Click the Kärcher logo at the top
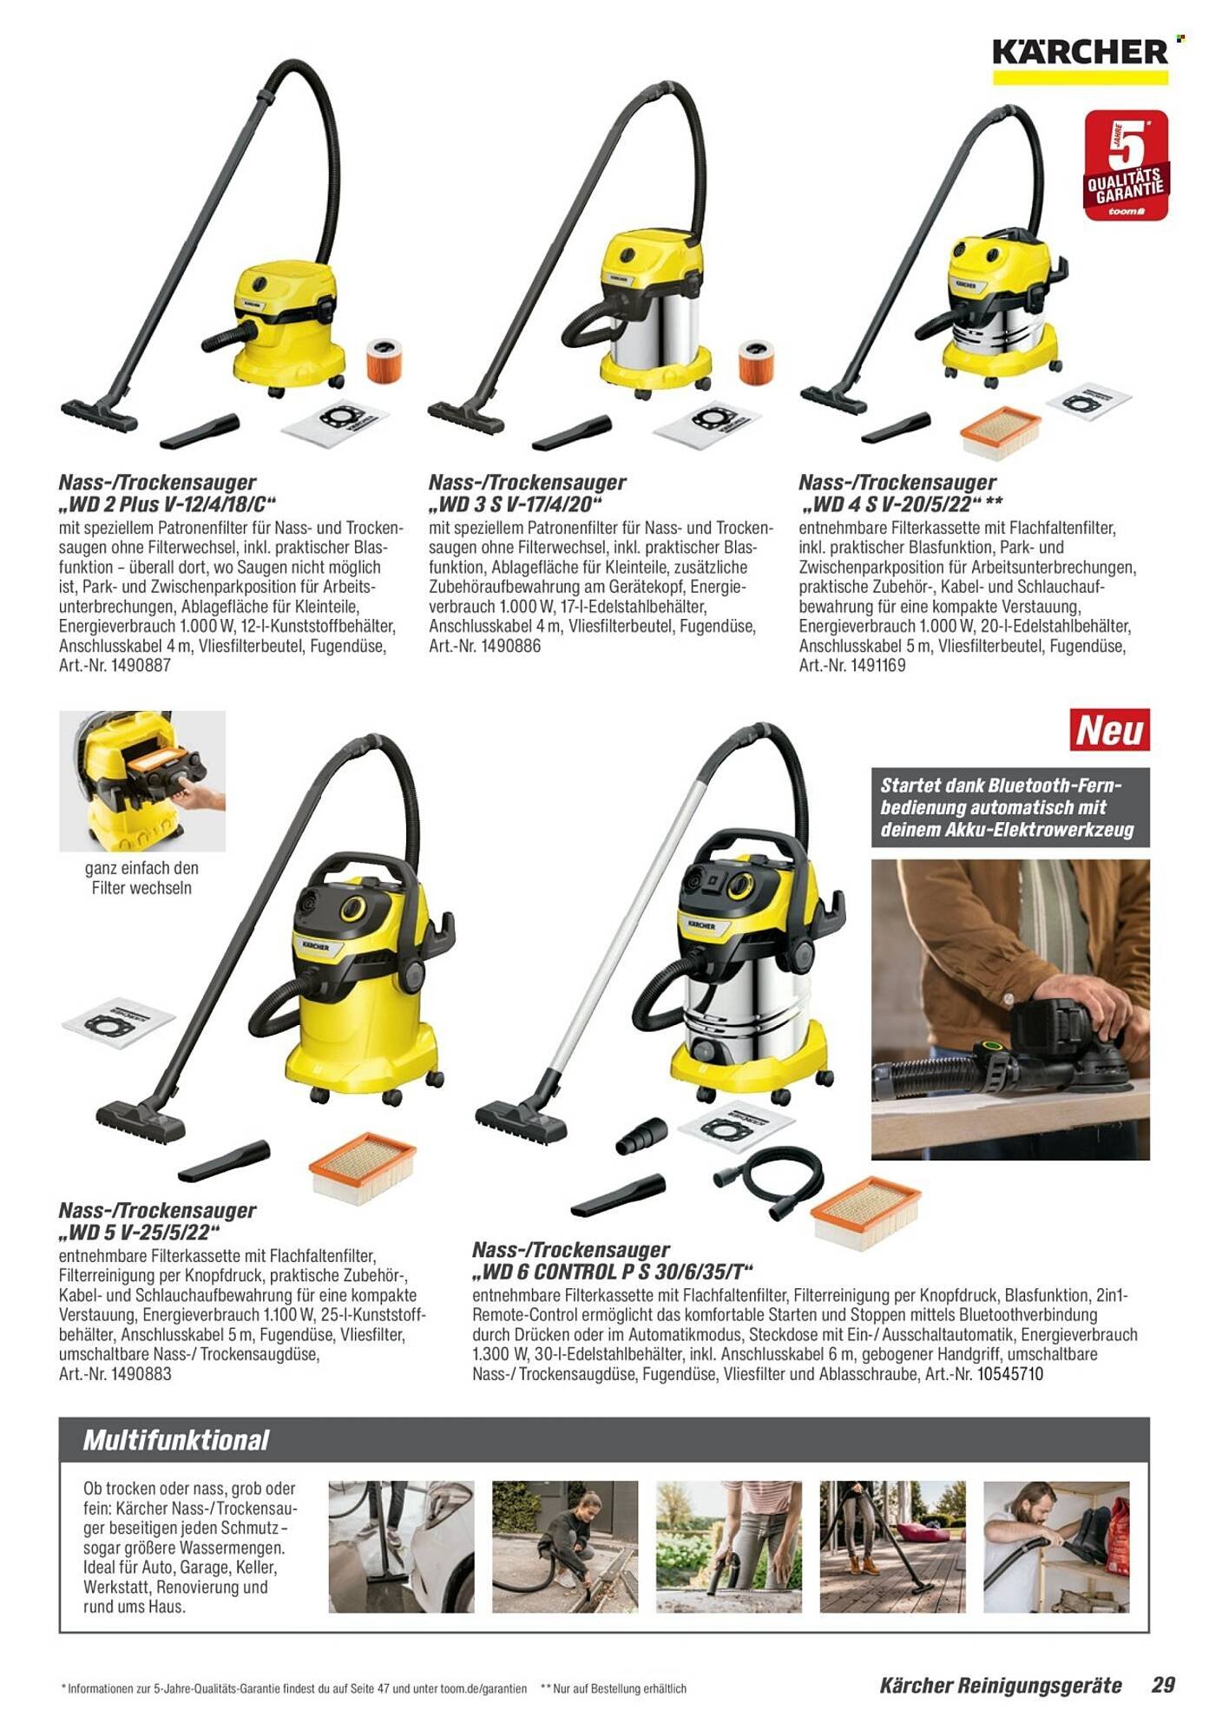point(1080,60)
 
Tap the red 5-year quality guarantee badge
point(1126,166)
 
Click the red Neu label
point(1109,730)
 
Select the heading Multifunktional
point(176,1441)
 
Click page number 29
point(1162,1685)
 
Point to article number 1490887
point(115,666)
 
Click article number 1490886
point(484,646)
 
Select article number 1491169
point(854,666)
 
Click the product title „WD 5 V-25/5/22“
point(140,1232)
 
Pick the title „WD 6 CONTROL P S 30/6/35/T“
point(608,1272)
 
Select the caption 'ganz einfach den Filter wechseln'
point(141,878)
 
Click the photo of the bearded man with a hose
point(1056,1547)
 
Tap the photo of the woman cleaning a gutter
point(565,1547)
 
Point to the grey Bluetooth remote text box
point(1010,807)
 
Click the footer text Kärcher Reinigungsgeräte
point(1001,1686)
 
